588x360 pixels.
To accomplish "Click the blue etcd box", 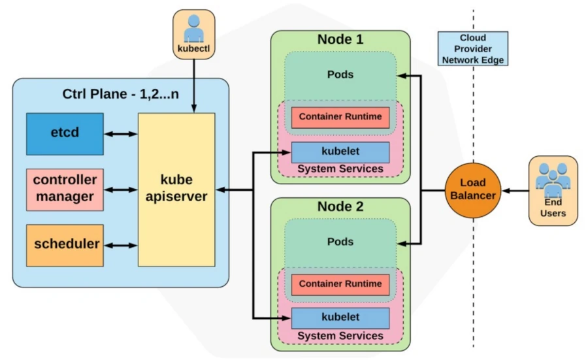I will click(65, 133).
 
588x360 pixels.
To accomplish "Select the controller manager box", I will click(65, 189).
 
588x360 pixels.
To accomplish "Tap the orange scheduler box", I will click(65, 244).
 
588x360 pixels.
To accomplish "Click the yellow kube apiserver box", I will click(176, 189).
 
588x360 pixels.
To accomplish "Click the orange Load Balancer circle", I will click(472, 190).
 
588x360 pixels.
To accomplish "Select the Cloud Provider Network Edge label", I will click(473, 49).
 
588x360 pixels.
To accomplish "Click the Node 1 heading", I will click(340, 39).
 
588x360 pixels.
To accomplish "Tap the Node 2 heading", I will click(340, 206).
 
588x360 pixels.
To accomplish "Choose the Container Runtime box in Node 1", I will click(340, 118).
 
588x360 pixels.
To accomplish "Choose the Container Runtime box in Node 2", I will click(340, 284).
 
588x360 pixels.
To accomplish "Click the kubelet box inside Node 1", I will click(340, 152).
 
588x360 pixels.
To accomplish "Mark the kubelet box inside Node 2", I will click(340, 318).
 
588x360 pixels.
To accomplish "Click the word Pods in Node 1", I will click(340, 74).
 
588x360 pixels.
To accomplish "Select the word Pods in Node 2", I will click(340, 242).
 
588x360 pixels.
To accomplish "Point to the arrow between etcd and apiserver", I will click(120, 134).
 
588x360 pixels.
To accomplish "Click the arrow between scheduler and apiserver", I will click(120, 245).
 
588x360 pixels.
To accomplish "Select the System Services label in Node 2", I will click(340, 336).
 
